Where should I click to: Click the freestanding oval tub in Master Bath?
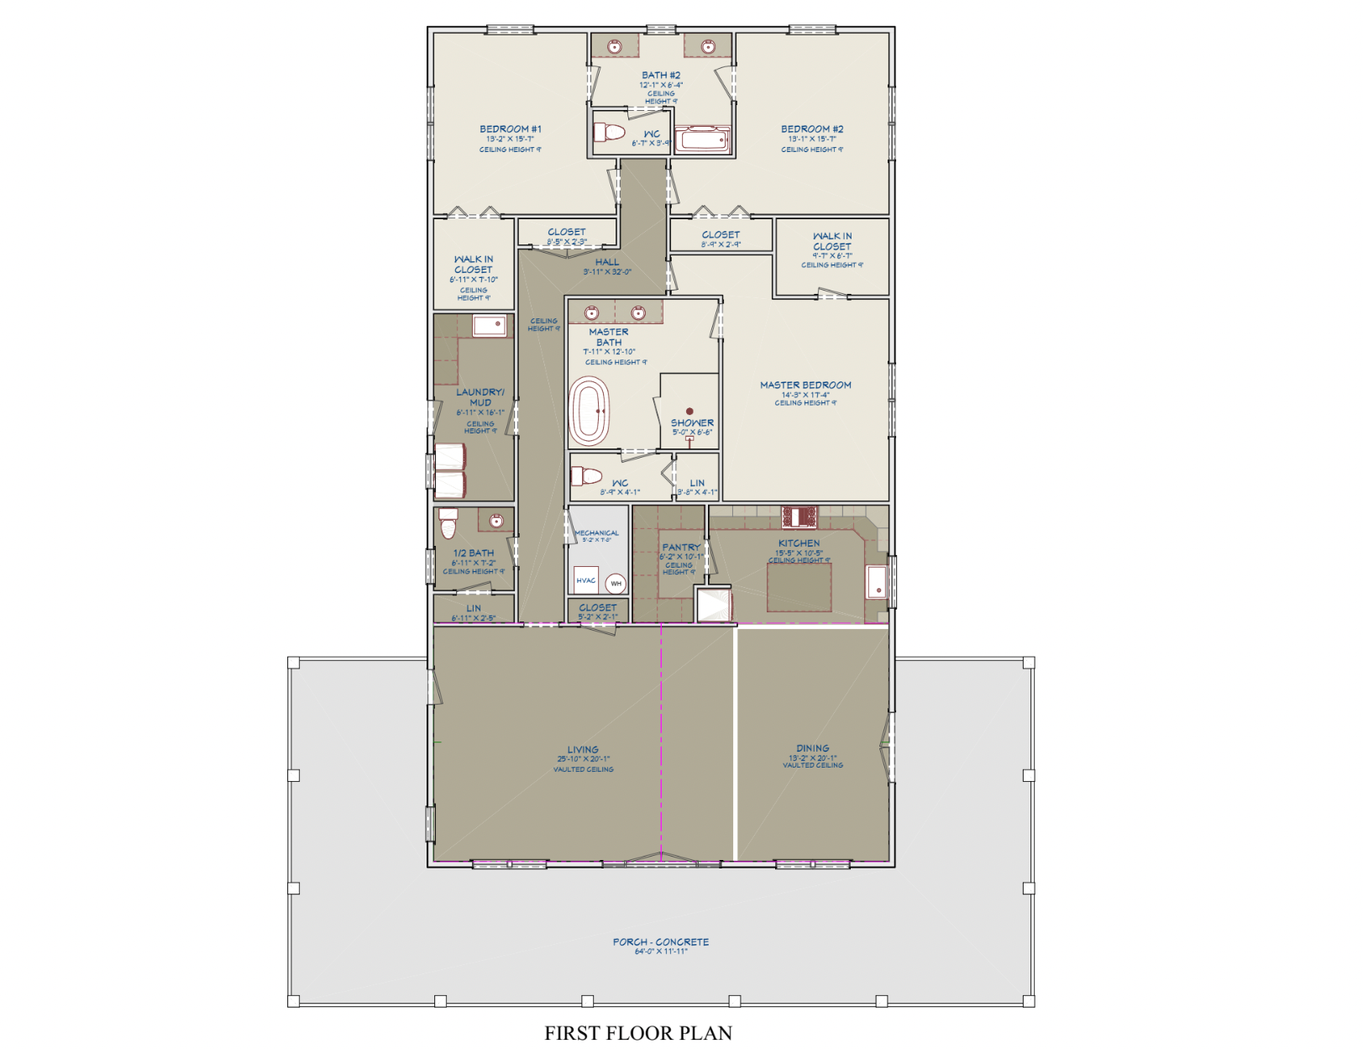(x=590, y=412)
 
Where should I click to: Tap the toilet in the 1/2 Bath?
(x=448, y=524)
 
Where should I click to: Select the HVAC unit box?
(x=586, y=580)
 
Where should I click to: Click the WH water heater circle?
(x=616, y=584)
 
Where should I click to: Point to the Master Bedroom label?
(x=805, y=385)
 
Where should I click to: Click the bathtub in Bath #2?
(x=702, y=139)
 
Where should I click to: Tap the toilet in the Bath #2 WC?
(x=610, y=133)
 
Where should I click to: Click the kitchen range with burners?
(x=799, y=516)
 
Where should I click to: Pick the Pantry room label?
(x=680, y=547)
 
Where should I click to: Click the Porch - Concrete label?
(x=660, y=941)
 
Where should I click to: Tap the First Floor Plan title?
(x=637, y=1033)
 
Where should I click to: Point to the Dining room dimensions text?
(x=812, y=758)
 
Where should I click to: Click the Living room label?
(x=583, y=749)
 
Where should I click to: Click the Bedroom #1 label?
(x=510, y=129)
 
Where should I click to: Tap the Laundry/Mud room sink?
(x=489, y=325)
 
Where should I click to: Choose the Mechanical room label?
(x=597, y=532)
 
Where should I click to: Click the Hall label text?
(x=606, y=262)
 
